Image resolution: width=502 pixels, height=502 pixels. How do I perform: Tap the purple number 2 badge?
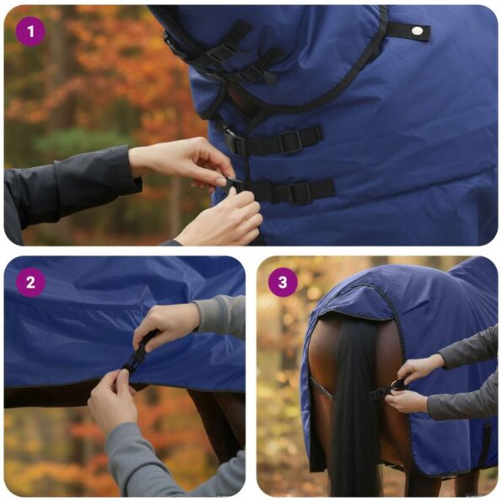click(30, 282)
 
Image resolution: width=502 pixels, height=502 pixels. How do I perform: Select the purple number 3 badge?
click(283, 282)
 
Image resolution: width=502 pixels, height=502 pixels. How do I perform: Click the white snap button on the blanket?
click(415, 31)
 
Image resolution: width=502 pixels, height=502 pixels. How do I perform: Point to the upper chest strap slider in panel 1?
click(291, 141)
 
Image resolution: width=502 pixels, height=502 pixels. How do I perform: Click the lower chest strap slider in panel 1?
click(300, 192)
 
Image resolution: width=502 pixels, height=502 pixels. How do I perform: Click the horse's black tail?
click(355, 405)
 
